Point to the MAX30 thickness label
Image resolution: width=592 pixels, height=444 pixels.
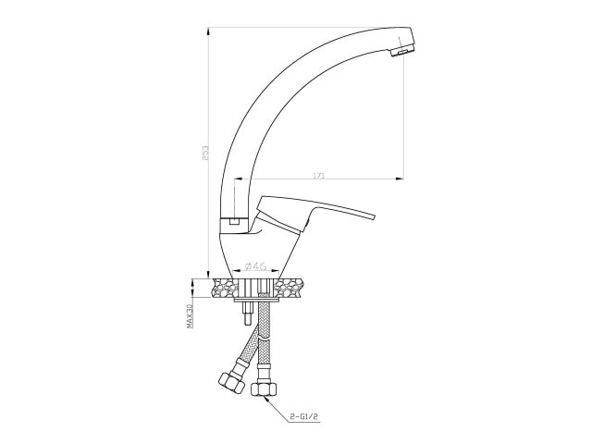[190, 313]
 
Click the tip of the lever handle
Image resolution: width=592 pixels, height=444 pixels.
[374, 216]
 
